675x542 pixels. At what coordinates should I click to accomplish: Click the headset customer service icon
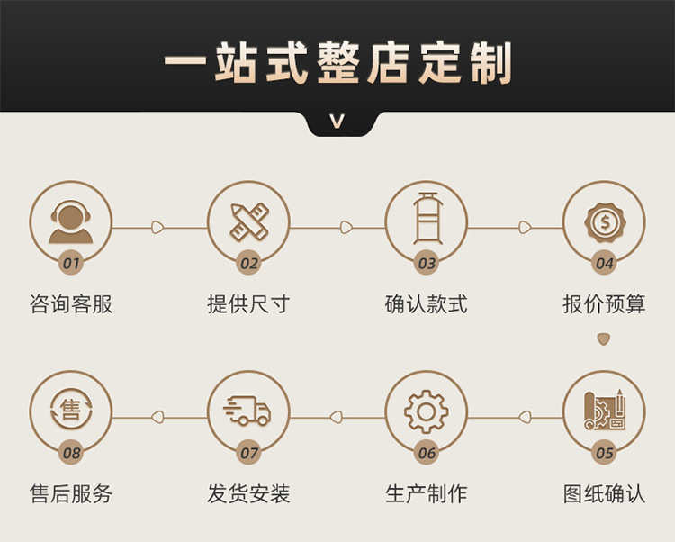coord(70,221)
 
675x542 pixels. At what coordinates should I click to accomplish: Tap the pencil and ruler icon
coord(248,221)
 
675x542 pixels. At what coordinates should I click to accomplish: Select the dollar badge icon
coord(604,221)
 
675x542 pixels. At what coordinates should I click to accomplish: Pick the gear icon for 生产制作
coord(427,411)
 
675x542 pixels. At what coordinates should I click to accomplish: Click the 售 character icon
coord(70,411)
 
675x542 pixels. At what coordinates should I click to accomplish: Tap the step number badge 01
coord(71,264)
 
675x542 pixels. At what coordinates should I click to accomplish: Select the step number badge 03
coord(427,264)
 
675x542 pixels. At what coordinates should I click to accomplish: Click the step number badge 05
coord(604,453)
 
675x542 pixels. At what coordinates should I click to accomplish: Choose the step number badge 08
coord(71,453)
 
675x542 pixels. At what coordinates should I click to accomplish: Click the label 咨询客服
coord(71,304)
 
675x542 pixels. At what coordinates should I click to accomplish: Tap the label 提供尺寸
coord(248,304)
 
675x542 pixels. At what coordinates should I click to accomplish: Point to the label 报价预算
coord(604,304)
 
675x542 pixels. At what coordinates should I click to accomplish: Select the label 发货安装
coord(248,493)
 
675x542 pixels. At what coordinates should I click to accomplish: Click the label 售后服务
coord(71,493)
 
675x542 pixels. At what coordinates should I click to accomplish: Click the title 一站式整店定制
coord(337,65)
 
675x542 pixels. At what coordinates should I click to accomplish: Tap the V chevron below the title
coord(337,122)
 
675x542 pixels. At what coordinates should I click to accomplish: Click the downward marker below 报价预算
coord(604,339)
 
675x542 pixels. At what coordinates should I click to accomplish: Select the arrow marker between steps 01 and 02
coord(158,228)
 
